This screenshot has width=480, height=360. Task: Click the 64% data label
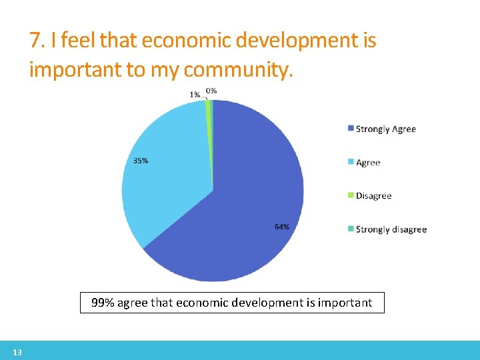point(281,227)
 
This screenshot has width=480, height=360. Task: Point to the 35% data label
point(141,161)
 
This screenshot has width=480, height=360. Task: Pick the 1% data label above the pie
point(195,95)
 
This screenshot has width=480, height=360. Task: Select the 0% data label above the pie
point(211,91)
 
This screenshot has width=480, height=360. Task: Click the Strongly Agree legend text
point(385,129)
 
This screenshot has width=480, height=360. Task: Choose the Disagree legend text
point(373,196)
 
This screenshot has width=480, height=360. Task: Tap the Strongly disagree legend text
point(391,229)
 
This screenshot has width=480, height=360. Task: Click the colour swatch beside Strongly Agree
point(351,129)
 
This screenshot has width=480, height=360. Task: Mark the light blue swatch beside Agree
point(351,163)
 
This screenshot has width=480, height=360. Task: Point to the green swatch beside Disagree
point(351,196)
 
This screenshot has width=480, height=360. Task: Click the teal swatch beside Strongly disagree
point(351,229)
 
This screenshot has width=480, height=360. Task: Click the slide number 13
point(17,352)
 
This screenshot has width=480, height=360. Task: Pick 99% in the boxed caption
point(103,303)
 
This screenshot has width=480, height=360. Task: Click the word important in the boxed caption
point(345,303)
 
